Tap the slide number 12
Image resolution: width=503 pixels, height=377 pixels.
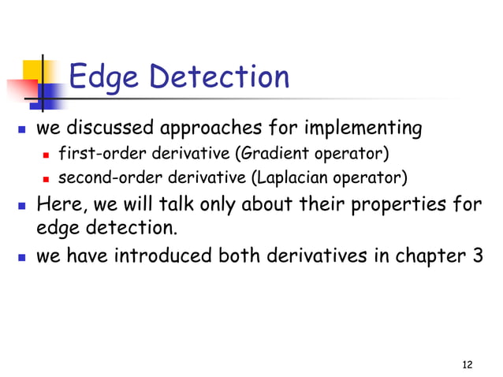tap(468, 364)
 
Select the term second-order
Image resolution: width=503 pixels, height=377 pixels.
tap(102, 174)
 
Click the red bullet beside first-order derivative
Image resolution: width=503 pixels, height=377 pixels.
tap(49, 151)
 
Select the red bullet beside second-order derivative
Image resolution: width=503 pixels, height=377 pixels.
tap(49, 174)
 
